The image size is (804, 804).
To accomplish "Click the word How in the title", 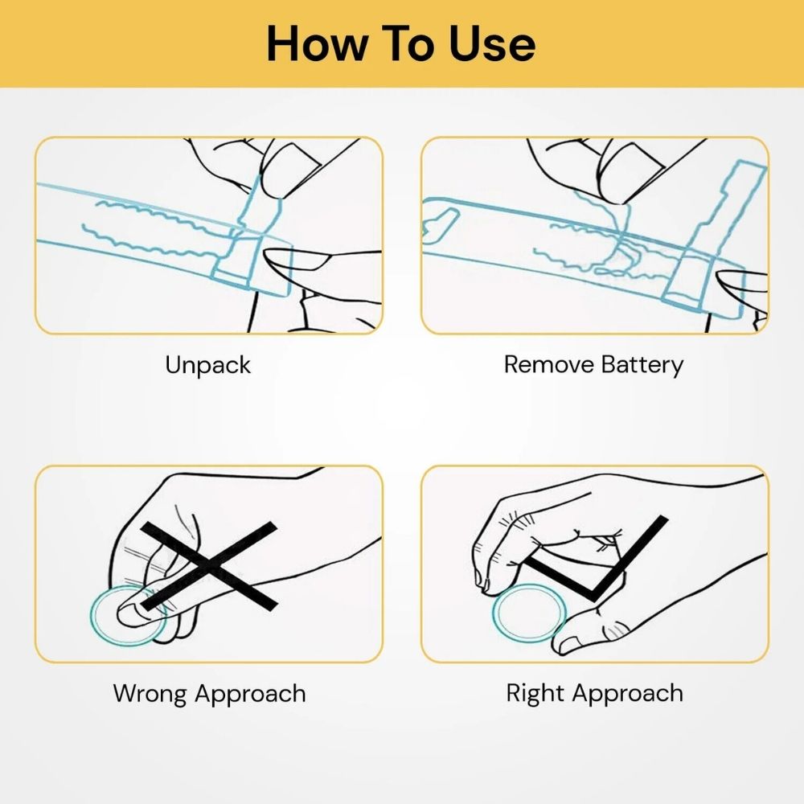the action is pyautogui.click(x=317, y=44).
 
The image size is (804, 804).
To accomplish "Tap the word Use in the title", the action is pyautogui.click(x=492, y=44).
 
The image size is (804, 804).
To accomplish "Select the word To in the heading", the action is pyautogui.click(x=408, y=44).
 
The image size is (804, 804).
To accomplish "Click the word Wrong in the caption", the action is pyautogui.click(x=150, y=694).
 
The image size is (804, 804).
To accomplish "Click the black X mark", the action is pyautogui.click(x=209, y=567).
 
